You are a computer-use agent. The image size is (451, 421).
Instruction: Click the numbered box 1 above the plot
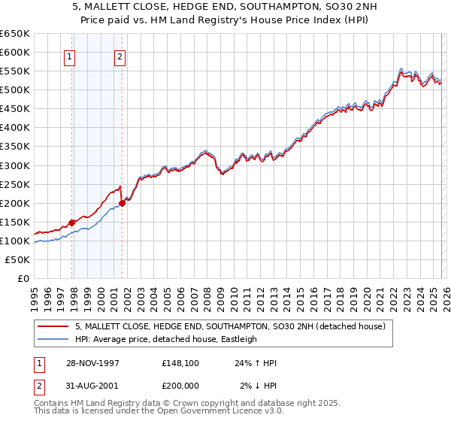(x=69, y=56)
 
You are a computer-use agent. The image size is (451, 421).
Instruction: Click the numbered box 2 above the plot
(x=120, y=56)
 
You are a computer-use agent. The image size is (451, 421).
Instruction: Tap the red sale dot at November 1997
(x=72, y=223)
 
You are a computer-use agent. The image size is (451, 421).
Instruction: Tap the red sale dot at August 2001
(x=122, y=203)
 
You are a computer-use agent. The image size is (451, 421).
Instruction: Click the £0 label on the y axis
(x=23, y=279)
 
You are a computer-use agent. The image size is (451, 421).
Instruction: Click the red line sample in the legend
(x=53, y=326)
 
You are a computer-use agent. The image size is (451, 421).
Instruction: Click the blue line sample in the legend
(x=53, y=339)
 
